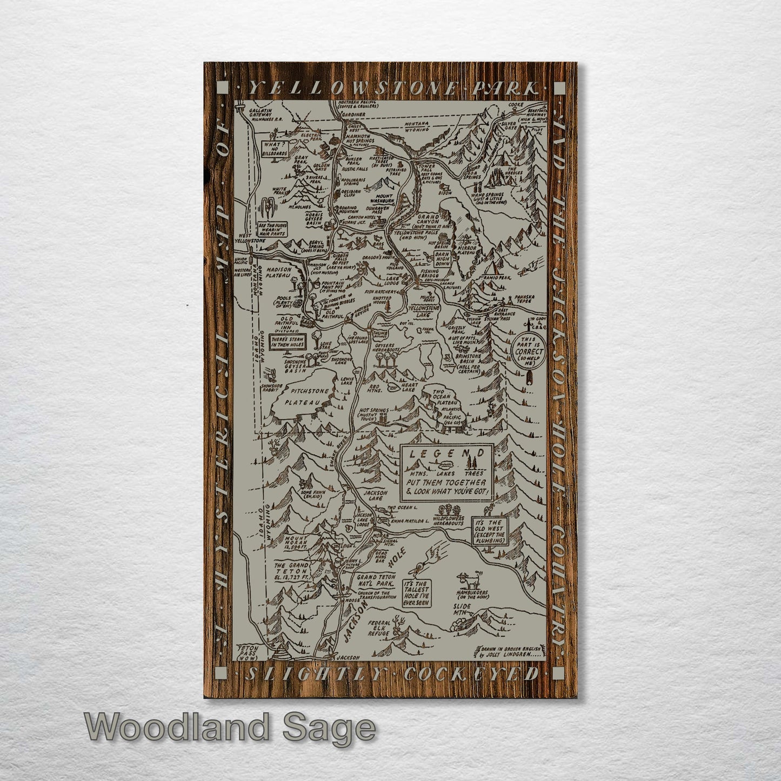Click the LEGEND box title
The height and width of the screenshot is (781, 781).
(x=446, y=455)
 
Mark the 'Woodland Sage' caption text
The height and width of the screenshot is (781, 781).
(x=229, y=727)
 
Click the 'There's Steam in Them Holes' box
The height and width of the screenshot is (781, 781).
(x=288, y=342)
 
